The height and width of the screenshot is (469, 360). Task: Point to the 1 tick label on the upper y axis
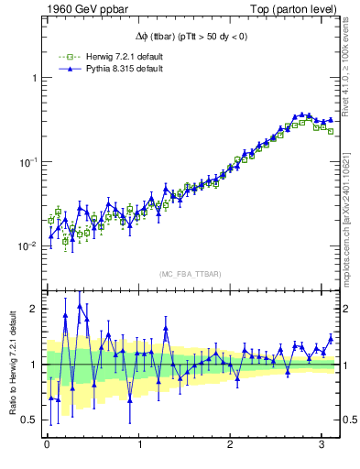coord(35,78)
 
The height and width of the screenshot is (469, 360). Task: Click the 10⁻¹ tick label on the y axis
coord(29,162)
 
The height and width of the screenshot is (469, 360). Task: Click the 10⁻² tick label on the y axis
coord(29,246)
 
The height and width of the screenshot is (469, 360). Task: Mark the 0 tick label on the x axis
coord(47,444)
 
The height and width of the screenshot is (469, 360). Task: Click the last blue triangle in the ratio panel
coord(331,338)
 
